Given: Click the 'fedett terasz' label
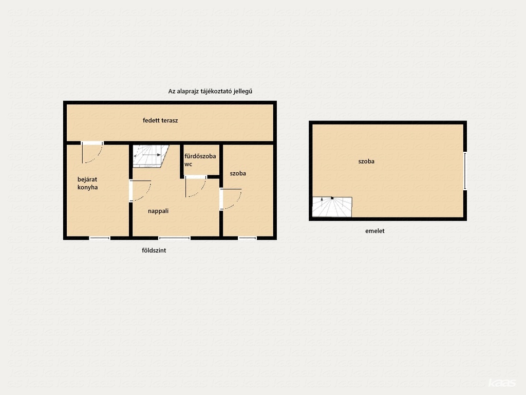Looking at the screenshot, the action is pyautogui.click(x=160, y=120).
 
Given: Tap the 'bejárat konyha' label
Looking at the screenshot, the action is pyautogui.click(x=87, y=184).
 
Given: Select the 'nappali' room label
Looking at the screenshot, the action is pyautogui.click(x=158, y=211).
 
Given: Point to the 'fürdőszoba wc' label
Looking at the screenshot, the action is pyautogui.click(x=200, y=160).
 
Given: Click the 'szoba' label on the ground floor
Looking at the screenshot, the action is pyautogui.click(x=238, y=173).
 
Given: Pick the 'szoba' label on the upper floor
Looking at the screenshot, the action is pyautogui.click(x=366, y=161).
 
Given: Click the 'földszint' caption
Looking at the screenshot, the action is pyautogui.click(x=154, y=250).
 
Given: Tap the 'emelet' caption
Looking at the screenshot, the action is pyautogui.click(x=374, y=231).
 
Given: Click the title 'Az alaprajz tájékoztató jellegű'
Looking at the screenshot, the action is pyautogui.click(x=210, y=92).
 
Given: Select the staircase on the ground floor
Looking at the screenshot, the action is pyautogui.click(x=151, y=156).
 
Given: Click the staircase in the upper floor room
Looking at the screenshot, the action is pyautogui.click(x=332, y=207).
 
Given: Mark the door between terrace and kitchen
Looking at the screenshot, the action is pyautogui.click(x=92, y=152).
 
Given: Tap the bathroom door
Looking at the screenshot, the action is pyautogui.click(x=196, y=186).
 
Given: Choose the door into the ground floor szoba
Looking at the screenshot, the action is pyautogui.click(x=231, y=199).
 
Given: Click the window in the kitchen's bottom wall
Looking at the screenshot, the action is pyautogui.click(x=100, y=238).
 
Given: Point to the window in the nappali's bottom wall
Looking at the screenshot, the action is pyautogui.click(x=175, y=238).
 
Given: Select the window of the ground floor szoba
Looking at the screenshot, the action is pyautogui.click(x=247, y=238).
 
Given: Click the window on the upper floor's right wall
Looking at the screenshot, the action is pyautogui.click(x=465, y=171).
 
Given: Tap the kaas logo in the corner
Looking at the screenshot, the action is pyautogui.click(x=502, y=383).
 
